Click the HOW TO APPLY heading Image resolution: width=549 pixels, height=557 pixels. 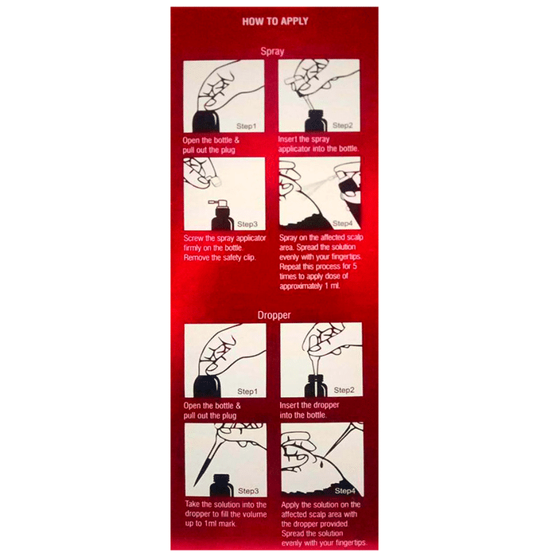click(274, 21)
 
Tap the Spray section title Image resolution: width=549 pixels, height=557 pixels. click(272, 52)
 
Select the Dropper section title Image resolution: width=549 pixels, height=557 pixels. click(274, 315)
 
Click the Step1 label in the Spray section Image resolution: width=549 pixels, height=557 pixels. click(246, 126)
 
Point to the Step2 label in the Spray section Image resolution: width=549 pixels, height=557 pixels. click(343, 126)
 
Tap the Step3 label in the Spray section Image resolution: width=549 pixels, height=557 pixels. click(247, 224)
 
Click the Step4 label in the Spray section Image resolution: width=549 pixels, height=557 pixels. click(343, 224)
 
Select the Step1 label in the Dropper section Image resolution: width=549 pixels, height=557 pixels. click(247, 391)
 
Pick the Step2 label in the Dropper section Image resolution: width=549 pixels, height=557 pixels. click(344, 390)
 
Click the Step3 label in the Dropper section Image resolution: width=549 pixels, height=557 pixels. click(248, 491)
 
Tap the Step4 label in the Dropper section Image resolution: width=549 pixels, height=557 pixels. click(345, 491)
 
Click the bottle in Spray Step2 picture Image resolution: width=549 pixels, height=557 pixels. click(315, 122)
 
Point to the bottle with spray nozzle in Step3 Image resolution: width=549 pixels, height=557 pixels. click(221, 216)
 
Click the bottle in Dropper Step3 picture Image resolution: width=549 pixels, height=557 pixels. click(221, 485)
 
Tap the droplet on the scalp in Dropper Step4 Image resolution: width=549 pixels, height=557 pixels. click(321, 464)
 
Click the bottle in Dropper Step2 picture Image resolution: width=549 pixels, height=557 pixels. click(316, 386)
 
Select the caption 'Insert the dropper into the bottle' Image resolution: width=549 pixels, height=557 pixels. click(310, 411)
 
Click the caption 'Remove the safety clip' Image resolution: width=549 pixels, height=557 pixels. click(220, 258)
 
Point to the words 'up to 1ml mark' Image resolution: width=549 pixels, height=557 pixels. click(210, 524)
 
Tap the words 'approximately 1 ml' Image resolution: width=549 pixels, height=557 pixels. click(310, 286)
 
